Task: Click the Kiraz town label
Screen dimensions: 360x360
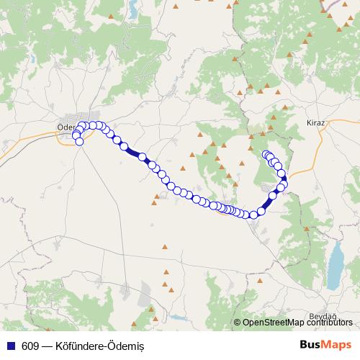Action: [x=316, y=123]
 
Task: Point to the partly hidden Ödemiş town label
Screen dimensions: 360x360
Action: [x=66, y=130]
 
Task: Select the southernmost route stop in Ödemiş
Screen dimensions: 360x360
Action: [x=79, y=142]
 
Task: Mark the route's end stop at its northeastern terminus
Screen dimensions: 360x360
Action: [x=266, y=154]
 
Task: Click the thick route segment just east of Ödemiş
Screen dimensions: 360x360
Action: [x=133, y=151]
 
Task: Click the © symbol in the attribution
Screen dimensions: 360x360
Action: [x=238, y=323]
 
